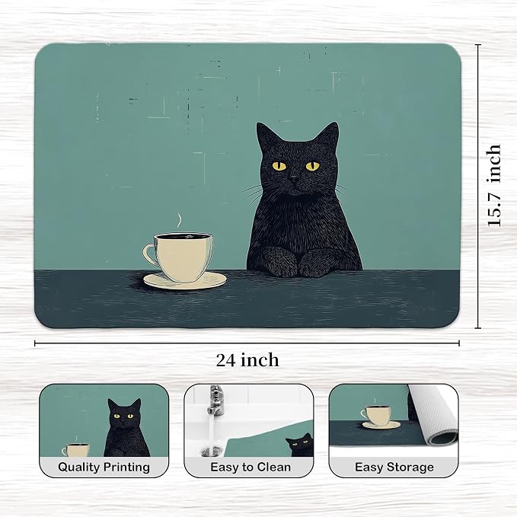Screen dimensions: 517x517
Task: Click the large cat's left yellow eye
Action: [279, 166]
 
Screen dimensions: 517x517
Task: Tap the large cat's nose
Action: [294, 180]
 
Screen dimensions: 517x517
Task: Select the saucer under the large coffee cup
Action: [185, 281]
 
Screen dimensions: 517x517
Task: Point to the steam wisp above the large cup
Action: [179, 221]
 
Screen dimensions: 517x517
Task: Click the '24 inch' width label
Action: [247, 360]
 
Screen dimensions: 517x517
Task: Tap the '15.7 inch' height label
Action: [494, 185]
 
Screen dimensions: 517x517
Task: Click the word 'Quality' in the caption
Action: [78, 468]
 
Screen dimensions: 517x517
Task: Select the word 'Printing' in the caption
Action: [126, 468]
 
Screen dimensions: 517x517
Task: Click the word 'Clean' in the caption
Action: [274, 467]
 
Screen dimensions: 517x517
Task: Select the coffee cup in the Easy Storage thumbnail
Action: [377, 416]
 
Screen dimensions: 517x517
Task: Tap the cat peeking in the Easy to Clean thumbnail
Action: [300, 445]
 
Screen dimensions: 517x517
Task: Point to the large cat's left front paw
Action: [281, 261]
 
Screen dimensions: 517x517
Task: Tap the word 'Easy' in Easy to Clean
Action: [224, 468]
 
